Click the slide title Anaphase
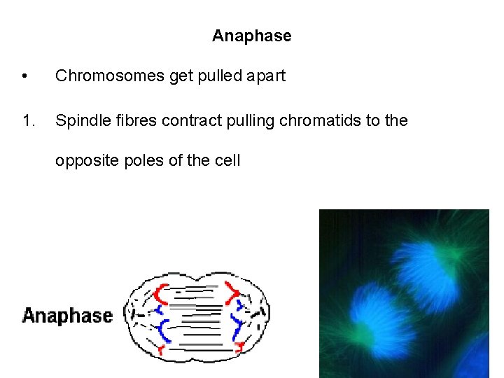(x=252, y=36)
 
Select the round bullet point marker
(x=25, y=76)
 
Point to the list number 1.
(x=28, y=121)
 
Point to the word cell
(x=227, y=160)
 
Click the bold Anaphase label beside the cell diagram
(x=67, y=316)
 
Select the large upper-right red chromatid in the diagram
(x=232, y=291)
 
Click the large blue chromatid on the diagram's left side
(x=165, y=328)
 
